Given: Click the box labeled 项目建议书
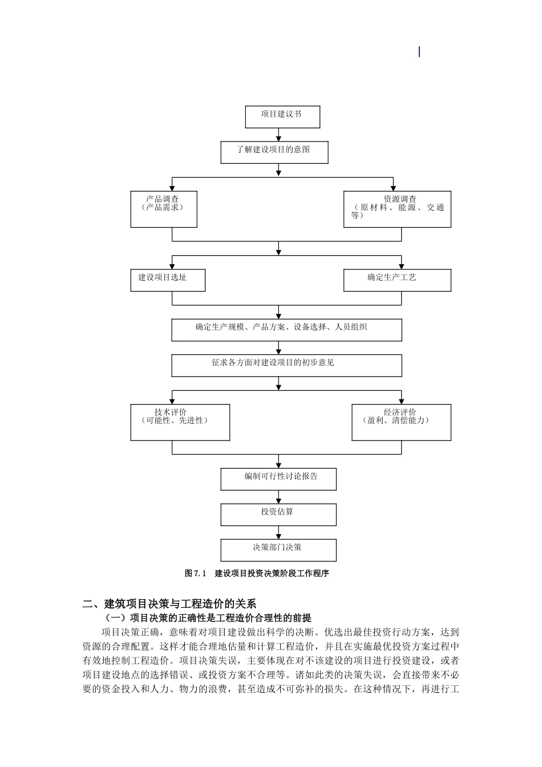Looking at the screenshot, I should (282, 117).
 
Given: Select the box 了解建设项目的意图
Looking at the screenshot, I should (274, 152).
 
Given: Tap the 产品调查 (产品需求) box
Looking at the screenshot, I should (164, 209).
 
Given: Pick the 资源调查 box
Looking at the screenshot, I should (397, 209).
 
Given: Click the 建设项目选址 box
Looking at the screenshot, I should (168, 280).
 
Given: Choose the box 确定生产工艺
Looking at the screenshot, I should (397, 280).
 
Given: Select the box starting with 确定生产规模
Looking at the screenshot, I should (286, 330).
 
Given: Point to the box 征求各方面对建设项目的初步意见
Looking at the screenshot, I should (286, 365).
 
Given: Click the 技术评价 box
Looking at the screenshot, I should (180, 422).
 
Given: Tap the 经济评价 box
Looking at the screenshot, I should (401, 422).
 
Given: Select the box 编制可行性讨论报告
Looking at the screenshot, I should (278, 479).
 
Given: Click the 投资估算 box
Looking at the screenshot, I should (278, 515).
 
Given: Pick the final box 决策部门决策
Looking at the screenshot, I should (278, 550).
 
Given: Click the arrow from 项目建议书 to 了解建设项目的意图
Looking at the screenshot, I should (278, 135).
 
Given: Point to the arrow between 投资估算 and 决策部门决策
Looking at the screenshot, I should (278, 533).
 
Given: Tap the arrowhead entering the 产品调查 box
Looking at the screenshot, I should (172, 188).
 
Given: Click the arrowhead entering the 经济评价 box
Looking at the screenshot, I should (401, 401).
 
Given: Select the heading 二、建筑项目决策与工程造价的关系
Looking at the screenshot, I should (169, 604).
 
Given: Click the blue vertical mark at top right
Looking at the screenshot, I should (419, 52).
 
